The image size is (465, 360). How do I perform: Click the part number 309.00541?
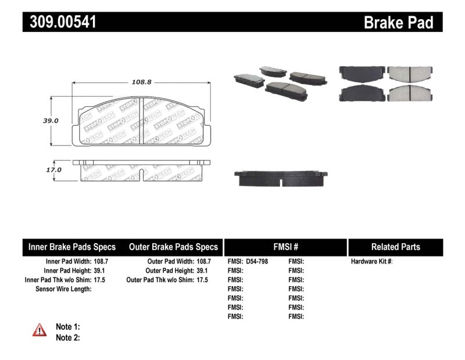[60, 22]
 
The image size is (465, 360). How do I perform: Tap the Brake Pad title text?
[398, 23]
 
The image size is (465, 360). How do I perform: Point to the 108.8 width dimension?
[141, 83]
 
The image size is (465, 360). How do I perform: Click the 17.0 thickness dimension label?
[53, 170]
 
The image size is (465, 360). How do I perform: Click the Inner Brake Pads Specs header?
[72, 247]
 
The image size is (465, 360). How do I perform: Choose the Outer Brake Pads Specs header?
[173, 247]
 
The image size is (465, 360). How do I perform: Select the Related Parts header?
[395, 247]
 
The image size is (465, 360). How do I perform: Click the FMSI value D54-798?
[256, 262]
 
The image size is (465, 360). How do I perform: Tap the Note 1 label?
[67, 327]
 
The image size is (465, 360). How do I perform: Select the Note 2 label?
[67, 337]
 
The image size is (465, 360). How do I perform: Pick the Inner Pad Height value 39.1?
[100, 271]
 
